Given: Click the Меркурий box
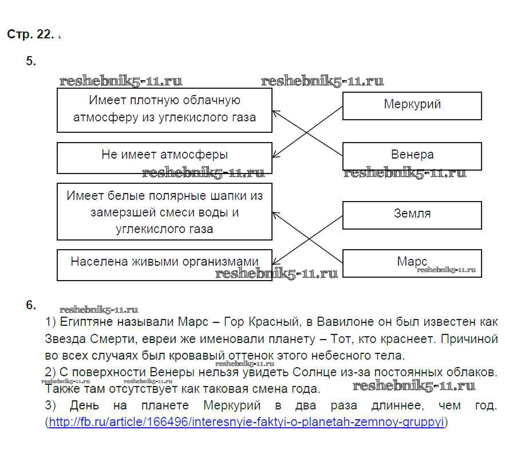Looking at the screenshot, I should coord(412,105).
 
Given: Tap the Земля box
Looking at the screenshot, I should coord(412,215).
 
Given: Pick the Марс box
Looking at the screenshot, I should coord(412,263).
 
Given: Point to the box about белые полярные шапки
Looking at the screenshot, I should coord(164,211).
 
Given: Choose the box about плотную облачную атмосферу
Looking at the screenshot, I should coord(164,110).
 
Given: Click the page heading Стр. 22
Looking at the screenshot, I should coord(30,34).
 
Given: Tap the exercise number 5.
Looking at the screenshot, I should coord(31,62).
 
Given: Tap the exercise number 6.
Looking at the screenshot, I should coord(31,305).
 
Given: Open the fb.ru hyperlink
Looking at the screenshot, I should coord(246,423).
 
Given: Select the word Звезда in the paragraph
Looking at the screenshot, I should coord(65,338).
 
